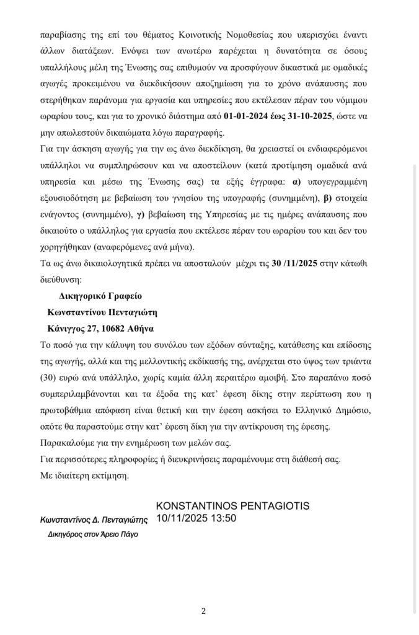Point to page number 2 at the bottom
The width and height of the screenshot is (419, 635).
click(x=203, y=611)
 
